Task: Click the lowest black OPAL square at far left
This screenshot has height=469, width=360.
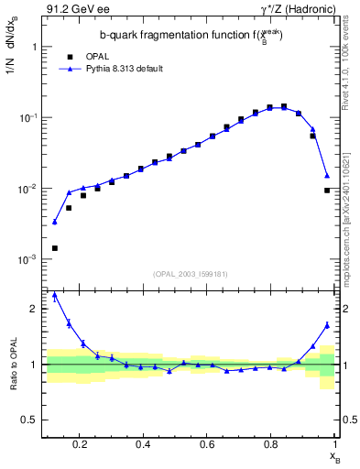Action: [55, 248]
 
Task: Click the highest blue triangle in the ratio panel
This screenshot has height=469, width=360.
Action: [55, 295]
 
